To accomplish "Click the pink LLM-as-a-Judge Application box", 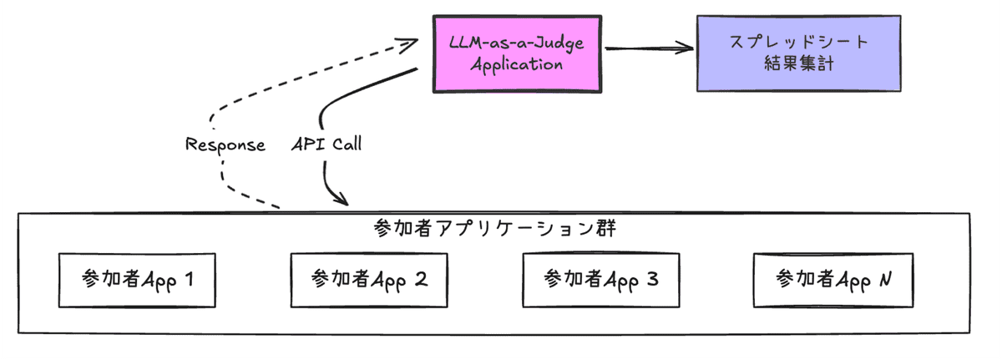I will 517,53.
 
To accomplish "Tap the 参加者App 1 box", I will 136,279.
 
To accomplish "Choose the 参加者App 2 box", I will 369,279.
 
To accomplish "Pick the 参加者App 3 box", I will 600,279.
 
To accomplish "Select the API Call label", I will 326,144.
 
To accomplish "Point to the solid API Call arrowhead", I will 341,200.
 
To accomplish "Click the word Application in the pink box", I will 517,63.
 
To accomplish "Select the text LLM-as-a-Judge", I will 517,42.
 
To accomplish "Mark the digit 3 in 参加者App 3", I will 652,279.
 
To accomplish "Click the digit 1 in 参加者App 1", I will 188,279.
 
